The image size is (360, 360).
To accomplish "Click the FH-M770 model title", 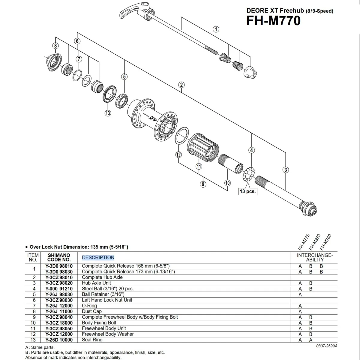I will click(x=273, y=21).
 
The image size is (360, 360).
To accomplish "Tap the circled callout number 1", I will click(x=216, y=29).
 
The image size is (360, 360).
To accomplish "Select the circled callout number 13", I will click(x=108, y=113).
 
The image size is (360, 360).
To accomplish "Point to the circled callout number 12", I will click(x=178, y=155).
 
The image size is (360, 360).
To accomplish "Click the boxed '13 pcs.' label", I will click(x=247, y=191).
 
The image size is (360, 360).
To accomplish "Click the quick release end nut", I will click(x=250, y=72).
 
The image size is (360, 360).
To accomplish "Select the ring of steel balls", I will click(x=249, y=174).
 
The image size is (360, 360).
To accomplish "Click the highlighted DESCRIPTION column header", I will click(x=98, y=257).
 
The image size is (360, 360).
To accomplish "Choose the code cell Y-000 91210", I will click(x=59, y=289).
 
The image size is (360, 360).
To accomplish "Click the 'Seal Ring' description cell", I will click(x=92, y=340).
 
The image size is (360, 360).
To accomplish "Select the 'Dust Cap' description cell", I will click(x=91, y=311).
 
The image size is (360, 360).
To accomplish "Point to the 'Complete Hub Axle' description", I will click(x=102, y=277).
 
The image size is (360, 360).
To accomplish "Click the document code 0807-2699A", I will click(x=327, y=346).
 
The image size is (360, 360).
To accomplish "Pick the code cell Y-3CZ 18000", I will click(x=59, y=323).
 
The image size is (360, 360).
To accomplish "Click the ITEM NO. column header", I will click(x=33, y=257).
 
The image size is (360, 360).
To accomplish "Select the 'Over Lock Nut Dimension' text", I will click(x=79, y=247).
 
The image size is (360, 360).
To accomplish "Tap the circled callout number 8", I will click(x=55, y=46).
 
